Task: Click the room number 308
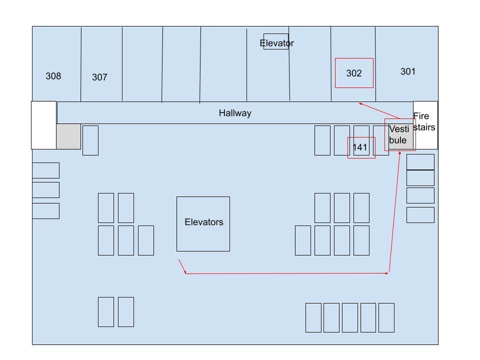click(x=53, y=76)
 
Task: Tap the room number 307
click(x=99, y=77)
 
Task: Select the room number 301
click(x=408, y=71)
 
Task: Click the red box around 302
click(x=354, y=58)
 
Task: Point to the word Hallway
click(x=235, y=113)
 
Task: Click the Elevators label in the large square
click(x=204, y=222)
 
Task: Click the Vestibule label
click(x=398, y=134)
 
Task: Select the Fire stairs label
click(x=424, y=121)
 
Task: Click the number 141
click(x=359, y=147)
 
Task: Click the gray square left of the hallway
click(x=68, y=136)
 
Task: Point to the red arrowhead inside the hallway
click(x=360, y=104)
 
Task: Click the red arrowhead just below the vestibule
click(x=399, y=152)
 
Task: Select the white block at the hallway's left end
click(x=44, y=125)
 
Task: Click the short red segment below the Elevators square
click(x=182, y=266)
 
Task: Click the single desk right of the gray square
click(x=90, y=140)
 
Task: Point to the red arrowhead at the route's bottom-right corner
click(x=387, y=273)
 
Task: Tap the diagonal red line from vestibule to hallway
click(x=379, y=111)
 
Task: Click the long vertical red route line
click(x=394, y=212)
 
